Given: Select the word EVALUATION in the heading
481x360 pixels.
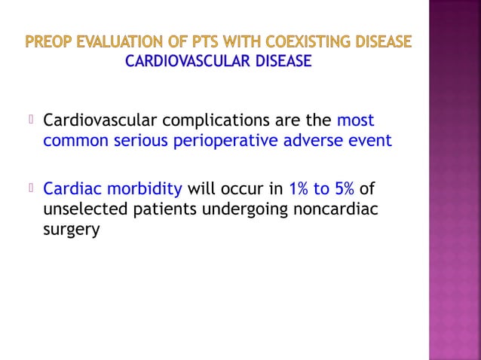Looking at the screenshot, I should [x=116, y=41].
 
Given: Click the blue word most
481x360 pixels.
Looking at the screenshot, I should [x=355, y=121].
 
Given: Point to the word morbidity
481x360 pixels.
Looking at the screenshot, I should [x=141, y=188].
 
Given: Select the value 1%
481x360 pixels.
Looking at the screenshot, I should [x=299, y=188].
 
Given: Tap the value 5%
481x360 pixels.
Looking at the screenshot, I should [x=342, y=188].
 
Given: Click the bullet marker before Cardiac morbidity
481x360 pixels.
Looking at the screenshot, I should [x=32, y=187].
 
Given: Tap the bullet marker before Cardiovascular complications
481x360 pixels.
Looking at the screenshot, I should [x=32, y=119].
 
